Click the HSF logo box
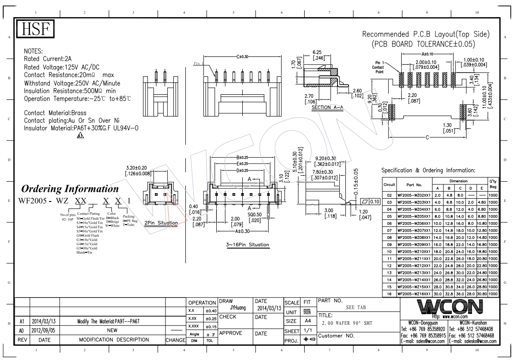point(36,31)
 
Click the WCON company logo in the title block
point(449,306)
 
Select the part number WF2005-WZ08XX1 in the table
point(414,237)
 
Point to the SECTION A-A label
point(327,108)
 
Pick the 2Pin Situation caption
point(161,223)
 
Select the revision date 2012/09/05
point(44,331)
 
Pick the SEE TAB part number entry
point(356,307)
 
